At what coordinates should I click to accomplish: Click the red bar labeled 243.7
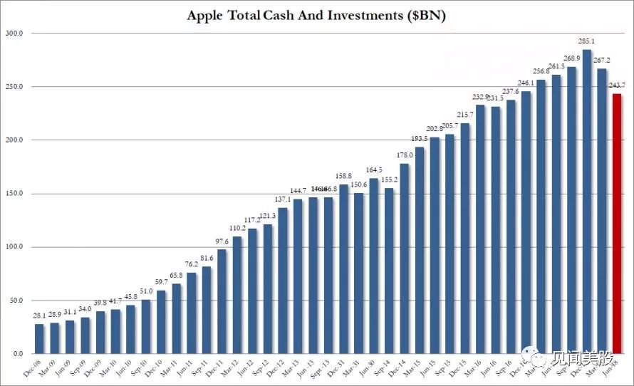(x=617, y=224)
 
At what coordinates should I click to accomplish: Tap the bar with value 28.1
(x=39, y=339)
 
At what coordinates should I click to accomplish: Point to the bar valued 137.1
(x=283, y=281)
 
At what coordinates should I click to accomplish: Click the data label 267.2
(x=602, y=62)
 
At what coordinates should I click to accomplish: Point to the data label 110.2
(x=237, y=229)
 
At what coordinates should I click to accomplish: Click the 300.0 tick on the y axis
(x=15, y=33)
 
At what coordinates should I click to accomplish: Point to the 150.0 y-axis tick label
(x=15, y=194)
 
